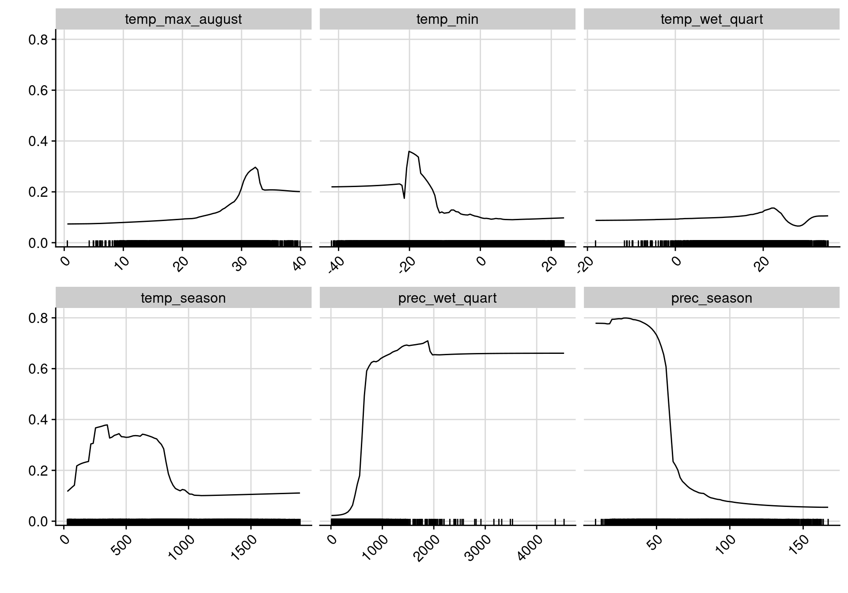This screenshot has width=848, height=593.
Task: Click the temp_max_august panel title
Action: pos(183,19)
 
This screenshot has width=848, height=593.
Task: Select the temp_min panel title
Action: pos(447,19)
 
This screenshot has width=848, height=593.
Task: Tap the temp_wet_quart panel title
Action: pos(711,19)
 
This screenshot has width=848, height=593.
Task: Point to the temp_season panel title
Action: pos(183,298)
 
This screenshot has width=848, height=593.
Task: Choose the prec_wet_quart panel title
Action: pos(447,298)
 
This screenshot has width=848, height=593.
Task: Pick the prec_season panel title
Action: pos(711,298)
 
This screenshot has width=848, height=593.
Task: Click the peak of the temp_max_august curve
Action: pos(256,168)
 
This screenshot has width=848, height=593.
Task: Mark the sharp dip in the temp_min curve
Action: pos(404,198)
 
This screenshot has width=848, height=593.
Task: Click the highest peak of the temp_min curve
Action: pos(409,151)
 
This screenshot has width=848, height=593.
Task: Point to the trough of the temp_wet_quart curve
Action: pos(798,226)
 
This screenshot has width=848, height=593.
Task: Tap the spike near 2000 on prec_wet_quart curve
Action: pos(428,341)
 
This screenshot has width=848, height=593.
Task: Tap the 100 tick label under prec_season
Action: pos(726,545)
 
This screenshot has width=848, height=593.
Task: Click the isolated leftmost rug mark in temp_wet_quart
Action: pos(595,243)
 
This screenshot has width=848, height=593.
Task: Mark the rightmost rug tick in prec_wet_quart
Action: pos(564,522)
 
